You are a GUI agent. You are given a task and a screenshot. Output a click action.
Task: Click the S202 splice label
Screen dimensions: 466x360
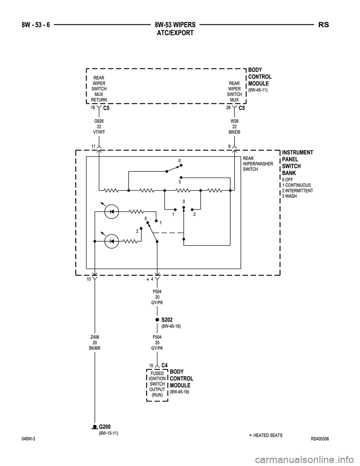pos(167,320)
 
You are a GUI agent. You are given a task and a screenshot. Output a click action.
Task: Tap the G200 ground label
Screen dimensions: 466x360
pos(105,427)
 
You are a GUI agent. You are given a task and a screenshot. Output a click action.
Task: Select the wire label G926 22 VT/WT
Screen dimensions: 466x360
pos(99,127)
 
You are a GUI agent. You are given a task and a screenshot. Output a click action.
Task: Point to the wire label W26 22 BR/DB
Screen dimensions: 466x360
pos(234,127)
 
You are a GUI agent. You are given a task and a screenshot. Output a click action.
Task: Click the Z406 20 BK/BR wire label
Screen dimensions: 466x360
pos(94,342)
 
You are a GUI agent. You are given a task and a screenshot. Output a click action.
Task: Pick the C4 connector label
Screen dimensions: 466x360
pos(164,365)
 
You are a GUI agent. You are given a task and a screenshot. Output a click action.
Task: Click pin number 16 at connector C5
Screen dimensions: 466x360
pos(93,107)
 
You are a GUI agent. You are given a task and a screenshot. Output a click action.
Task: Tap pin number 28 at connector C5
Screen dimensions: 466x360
pos(228,107)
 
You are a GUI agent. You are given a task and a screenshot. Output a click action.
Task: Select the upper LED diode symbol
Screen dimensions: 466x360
pos(111,212)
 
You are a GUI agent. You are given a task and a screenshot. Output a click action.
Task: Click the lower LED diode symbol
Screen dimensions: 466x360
pos(111,242)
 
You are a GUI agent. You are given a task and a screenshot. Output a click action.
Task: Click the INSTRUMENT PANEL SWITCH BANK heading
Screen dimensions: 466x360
pos(297,162)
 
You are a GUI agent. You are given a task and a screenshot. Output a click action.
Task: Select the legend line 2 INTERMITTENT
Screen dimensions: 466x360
pos(297,191)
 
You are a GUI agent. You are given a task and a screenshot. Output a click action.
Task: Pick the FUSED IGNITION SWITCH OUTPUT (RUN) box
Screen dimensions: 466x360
pos(157,384)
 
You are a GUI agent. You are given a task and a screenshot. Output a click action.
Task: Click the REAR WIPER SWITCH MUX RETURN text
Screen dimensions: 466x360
pos(99,89)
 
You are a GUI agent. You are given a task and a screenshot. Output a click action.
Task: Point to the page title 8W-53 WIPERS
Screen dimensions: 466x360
pos(175,25)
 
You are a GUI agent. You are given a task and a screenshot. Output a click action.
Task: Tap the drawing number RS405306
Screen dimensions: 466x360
pos(319,440)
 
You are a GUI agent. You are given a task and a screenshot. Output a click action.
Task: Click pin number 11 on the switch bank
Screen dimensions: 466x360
pos(93,146)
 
